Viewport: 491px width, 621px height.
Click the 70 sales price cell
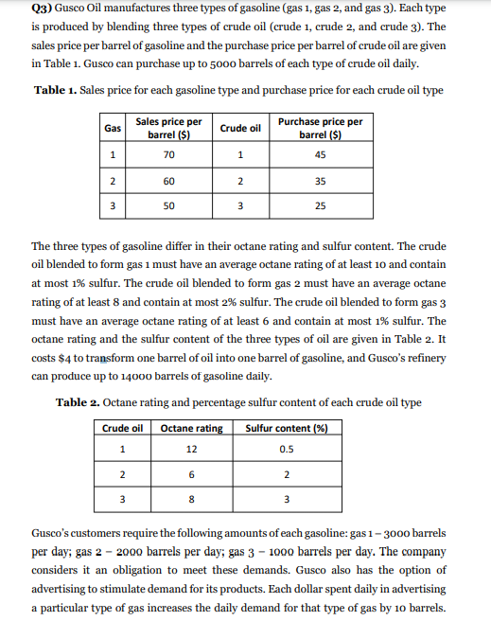pyautogui.click(x=168, y=155)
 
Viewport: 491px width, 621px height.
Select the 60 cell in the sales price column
pyautogui.click(x=168, y=180)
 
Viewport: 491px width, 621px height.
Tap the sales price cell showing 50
pyautogui.click(x=168, y=204)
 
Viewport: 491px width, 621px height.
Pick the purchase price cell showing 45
pyautogui.click(x=321, y=155)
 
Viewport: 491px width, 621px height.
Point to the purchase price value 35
pyautogui.click(x=321, y=180)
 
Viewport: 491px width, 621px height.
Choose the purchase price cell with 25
pyautogui.click(x=321, y=204)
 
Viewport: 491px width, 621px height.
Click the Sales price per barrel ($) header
pyautogui.click(x=168, y=128)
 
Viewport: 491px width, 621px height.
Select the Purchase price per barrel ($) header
pyautogui.click(x=321, y=128)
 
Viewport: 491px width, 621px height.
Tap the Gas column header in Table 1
pyautogui.click(x=112, y=128)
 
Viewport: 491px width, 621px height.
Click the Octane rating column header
pyautogui.click(x=192, y=428)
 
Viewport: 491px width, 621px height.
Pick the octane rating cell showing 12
pyautogui.click(x=192, y=448)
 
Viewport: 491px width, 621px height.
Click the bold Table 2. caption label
pyautogui.click(x=82, y=402)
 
